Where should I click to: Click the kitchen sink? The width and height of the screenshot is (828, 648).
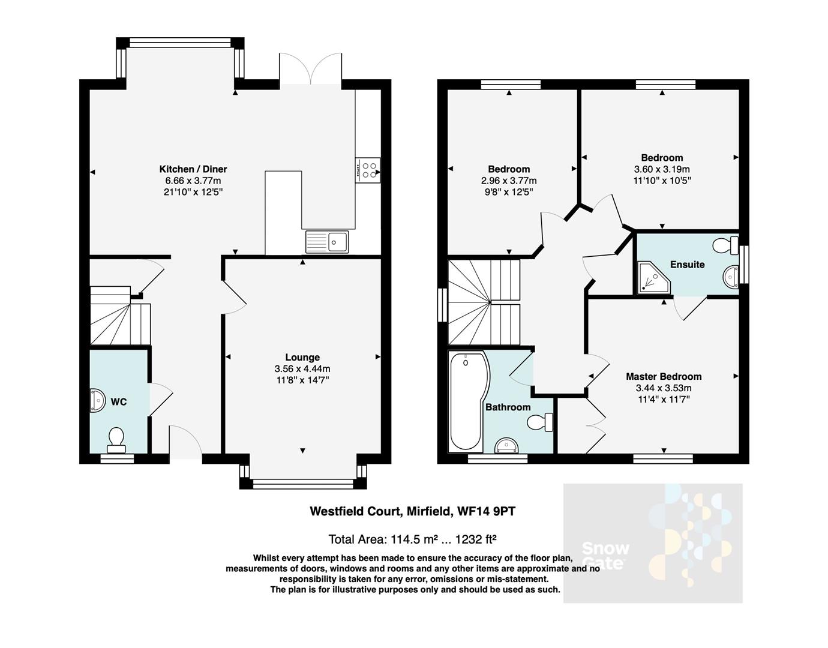tap(327, 242)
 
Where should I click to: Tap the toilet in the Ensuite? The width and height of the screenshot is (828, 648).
tap(727, 245)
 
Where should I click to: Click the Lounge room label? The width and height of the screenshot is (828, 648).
tap(302, 357)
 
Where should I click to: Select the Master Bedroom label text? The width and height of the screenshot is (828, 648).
tap(664, 376)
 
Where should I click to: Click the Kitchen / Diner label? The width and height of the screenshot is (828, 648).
tap(193, 169)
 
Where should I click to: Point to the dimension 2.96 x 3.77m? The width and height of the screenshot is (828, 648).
tap(509, 181)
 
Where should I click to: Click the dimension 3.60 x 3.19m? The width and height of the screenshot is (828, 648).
tap(662, 169)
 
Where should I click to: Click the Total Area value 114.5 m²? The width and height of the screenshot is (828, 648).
tap(415, 538)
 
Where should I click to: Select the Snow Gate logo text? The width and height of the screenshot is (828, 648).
tap(605, 555)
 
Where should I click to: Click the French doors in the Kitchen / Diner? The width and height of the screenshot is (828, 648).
tap(310, 70)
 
